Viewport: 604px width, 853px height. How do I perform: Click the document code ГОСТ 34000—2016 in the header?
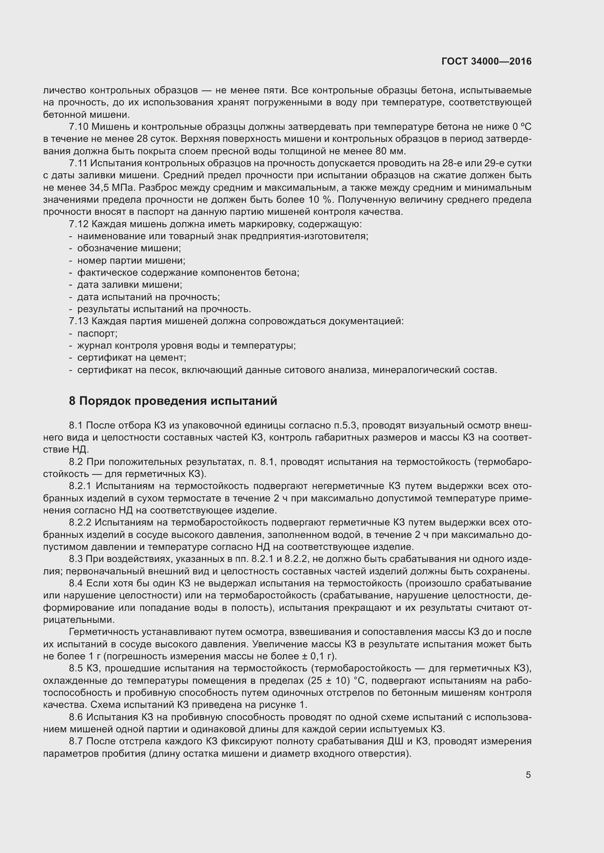[486, 61]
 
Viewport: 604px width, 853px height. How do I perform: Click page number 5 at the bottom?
[528, 775]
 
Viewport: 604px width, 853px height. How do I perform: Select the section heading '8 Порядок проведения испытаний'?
[173, 401]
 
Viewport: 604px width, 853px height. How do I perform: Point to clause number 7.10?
[79, 127]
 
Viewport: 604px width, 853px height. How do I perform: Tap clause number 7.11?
[79, 163]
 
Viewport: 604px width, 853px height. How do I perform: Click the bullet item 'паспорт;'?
[97, 334]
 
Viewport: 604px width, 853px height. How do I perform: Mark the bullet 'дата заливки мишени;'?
[129, 285]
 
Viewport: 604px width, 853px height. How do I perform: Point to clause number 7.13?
[79, 321]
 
